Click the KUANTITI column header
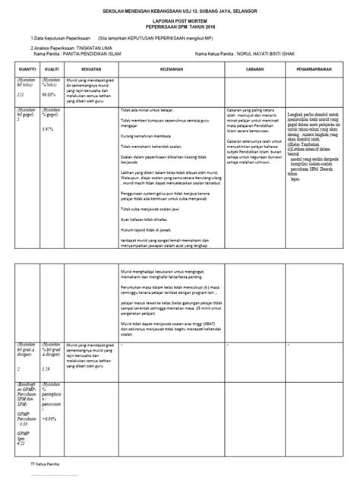click(26, 68)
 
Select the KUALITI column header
click(52, 68)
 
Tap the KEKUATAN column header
click(89, 68)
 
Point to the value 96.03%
click(49, 95)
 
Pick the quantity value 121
click(21, 95)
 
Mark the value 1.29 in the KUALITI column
click(46, 368)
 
